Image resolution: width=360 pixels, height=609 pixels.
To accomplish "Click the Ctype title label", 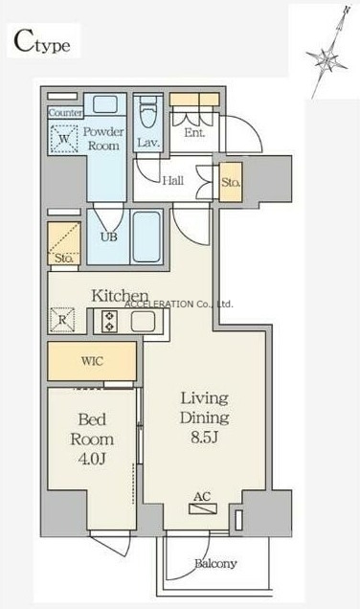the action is click(42, 41).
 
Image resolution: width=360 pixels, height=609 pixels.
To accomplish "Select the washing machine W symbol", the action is click(64, 139).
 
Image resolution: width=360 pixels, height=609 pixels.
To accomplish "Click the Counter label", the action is click(66, 113).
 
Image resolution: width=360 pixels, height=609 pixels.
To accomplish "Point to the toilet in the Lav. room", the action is click(147, 112).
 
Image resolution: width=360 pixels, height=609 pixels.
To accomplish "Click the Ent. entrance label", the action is click(194, 133).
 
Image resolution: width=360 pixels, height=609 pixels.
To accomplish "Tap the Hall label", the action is click(172, 180).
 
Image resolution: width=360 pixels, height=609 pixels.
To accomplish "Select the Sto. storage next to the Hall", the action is click(231, 182).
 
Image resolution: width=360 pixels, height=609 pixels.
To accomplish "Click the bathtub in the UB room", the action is click(146, 237).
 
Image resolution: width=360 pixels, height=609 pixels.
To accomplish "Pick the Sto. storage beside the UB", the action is click(64, 243).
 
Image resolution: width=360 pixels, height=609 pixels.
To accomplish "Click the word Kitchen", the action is click(120, 296).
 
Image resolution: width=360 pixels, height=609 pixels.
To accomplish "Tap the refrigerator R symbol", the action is click(62, 320).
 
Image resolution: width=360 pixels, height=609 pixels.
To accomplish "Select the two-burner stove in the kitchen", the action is click(109, 322).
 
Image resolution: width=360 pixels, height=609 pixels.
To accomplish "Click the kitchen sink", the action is click(143, 322).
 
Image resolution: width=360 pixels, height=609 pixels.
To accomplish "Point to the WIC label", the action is click(93, 361).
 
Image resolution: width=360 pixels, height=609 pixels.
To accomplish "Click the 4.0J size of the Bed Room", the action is click(92, 459).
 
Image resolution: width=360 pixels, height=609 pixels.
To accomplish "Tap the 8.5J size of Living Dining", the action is click(204, 438).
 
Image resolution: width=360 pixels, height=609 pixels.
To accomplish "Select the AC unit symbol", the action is click(203, 508).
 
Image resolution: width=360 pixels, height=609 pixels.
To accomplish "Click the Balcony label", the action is click(215, 564).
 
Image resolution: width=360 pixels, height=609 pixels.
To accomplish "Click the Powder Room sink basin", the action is click(105, 104).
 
